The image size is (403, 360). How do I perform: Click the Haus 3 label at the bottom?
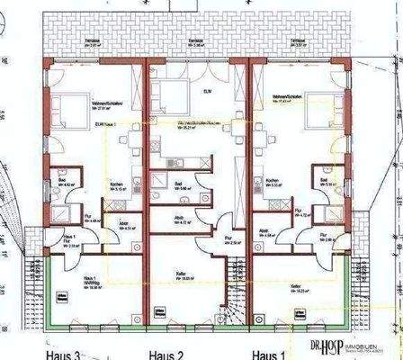click(66, 352)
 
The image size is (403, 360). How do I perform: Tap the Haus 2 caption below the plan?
click(167, 352)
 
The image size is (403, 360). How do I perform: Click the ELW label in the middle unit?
click(208, 89)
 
